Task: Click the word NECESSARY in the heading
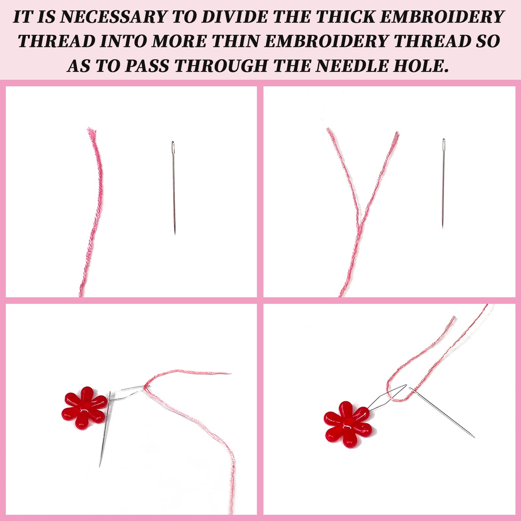tap(113, 17)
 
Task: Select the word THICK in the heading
tap(345, 17)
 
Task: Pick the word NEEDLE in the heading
tap(352, 66)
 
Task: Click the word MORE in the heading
tap(179, 41)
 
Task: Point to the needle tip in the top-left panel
tap(175, 233)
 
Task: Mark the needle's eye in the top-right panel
tap(444, 143)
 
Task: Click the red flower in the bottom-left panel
tap(84, 408)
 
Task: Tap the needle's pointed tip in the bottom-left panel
tap(100, 466)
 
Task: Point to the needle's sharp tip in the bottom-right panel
tap(473, 437)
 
